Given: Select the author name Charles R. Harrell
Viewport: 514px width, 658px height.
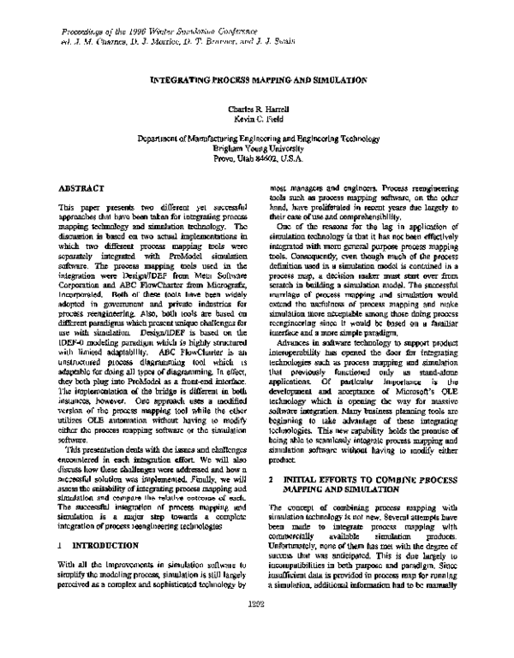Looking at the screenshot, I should point(257,110).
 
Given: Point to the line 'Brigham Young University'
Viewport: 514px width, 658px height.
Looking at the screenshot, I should point(257,146).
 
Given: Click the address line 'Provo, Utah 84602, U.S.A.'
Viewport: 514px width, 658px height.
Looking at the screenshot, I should point(257,157).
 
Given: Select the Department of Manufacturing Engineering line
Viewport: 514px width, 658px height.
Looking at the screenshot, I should point(257,135).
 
